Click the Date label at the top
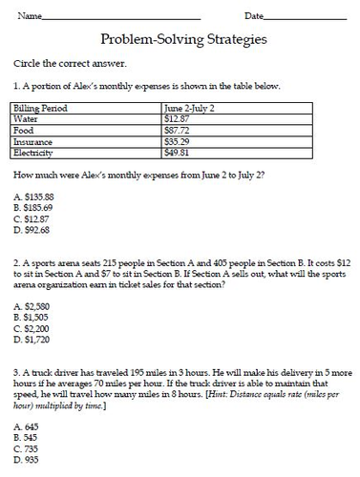pyautogui.click(x=254, y=16)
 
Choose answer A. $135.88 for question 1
pyautogui.click(x=33, y=196)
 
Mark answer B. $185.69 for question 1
pyautogui.click(x=33, y=207)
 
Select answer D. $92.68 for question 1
pyautogui.click(x=32, y=230)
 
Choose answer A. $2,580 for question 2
pyautogui.click(x=32, y=305)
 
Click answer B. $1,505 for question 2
pyautogui.click(x=32, y=317)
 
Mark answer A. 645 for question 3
pyautogui.click(x=27, y=426)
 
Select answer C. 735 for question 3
pyautogui.click(x=27, y=448)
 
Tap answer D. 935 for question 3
pyautogui.click(x=27, y=460)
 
